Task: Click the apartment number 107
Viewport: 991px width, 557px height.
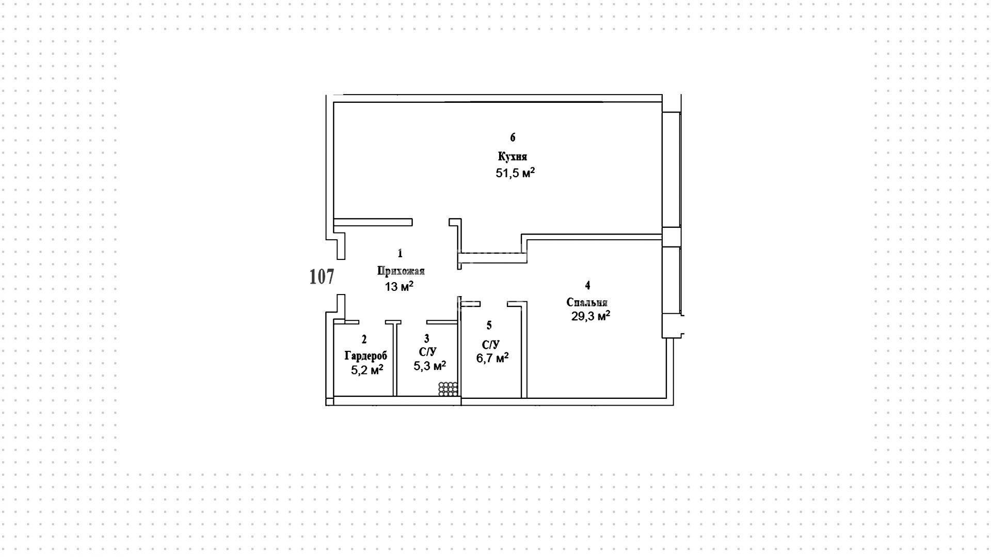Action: pyautogui.click(x=322, y=277)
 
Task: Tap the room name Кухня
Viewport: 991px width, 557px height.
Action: pyautogui.click(x=513, y=157)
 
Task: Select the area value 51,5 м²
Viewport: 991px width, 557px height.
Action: pyautogui.click(x=515, y=173)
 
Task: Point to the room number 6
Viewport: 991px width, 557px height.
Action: pyautogui.click(x=513, y=137)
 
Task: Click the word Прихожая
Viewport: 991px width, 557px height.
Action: pyautogui.click(x=401, y=271)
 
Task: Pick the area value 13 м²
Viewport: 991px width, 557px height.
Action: pyautogui.click(x=399, y=286)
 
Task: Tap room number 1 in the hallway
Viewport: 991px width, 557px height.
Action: pyautogui.click(x=400, y=253)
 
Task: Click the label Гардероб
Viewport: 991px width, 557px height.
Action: pyautogui.click(x=365, y=355)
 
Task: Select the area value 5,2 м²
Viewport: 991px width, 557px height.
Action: pyautogui.click(x=367, y=370)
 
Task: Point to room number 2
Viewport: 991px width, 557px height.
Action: pyautogui.click(x=364, y=339)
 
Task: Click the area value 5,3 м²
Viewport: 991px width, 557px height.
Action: pyautogui.click(x=430, y=366)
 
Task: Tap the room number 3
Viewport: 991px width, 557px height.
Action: pyautogui.click(x=426, y=338)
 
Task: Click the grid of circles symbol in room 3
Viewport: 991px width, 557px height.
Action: pyautogui.click(x=448, y=389)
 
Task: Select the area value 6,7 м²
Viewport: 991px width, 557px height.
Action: pyautogui.click(x=492, y=358)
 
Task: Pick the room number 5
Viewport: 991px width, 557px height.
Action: pyautogui.click(x=489, y=325)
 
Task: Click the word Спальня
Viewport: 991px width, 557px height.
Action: pyautogui.click(x=587, y=302)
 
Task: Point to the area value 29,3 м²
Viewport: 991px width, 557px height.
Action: pyautogui.click(x=590, y=316)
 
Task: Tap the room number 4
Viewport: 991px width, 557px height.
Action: pyautogui.click(x=587, y=285)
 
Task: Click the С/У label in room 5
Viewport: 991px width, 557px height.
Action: pyautogui.click(x=491, y=345)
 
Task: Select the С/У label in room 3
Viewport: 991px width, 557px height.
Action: pyautogui.click(x=428, y=352)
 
